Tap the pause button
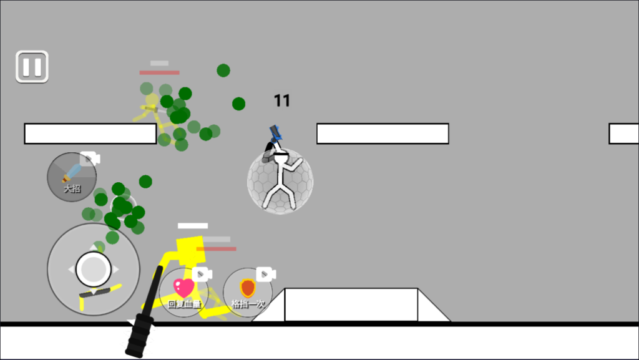(32, 67)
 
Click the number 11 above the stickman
(281, 100)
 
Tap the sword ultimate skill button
(72, 177)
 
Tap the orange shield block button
(248, 293)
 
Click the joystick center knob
(94, 269)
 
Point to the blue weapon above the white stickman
(275, 133)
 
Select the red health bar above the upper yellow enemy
(159, 72)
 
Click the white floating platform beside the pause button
(90, 134)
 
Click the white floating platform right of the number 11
(383, 134)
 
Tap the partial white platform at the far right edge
(623, 134)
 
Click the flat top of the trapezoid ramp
(351, 289)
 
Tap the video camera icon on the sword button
(90, 158)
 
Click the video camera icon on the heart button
(202, 275)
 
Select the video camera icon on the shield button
(266, 275)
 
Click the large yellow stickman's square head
(190, 249)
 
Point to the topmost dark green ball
(223, 71)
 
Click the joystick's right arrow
(116, 269)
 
